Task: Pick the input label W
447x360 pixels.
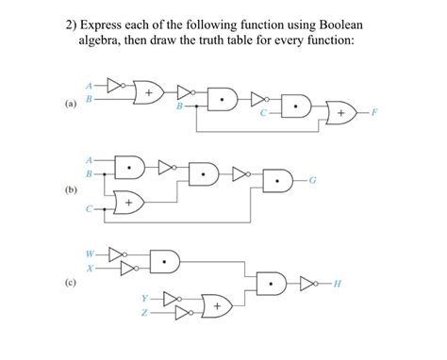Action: [91, 252]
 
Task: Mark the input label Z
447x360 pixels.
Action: [147, 314]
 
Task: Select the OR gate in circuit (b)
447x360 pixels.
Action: [129, 202]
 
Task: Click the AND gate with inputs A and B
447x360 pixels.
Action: [129, 165]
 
